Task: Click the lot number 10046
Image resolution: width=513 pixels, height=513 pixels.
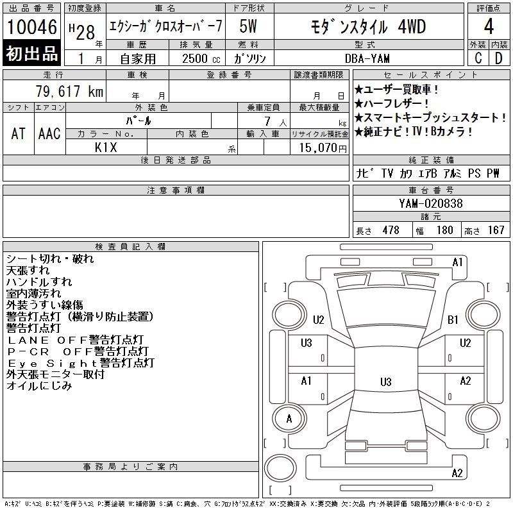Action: click(32, 27)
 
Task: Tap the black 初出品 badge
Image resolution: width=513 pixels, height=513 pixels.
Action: click(31, 53)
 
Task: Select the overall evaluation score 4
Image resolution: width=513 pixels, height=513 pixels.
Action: click(489, 26)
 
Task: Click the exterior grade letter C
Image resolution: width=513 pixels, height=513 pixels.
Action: click(478, 58)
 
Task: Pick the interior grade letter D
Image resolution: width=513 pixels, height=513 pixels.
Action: click(499, 58)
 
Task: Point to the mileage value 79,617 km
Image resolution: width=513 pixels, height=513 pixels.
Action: click(69, 91)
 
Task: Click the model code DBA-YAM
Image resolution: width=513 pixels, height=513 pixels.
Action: click(367, 58)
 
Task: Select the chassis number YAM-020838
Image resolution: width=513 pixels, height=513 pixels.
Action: click(430, 203)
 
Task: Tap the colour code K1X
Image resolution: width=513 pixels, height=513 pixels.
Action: click(106, 147)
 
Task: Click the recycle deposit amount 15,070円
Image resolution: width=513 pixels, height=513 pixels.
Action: click(323, 148)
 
